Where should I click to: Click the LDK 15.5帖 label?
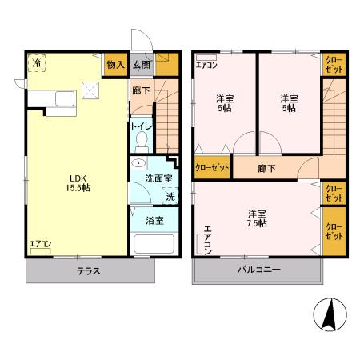[x=78, y=181]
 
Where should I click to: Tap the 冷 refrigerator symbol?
[x=37, y=62]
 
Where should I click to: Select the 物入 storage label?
[x=115, y=64]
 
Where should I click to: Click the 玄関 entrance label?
[x=141, y=64]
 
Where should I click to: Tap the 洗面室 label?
[x=156, y=181]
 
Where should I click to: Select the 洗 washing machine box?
[x=170, y=197]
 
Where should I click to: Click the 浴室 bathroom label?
[x=155, y=219]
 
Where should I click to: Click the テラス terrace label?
[x=88, y=270]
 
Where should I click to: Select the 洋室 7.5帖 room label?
[x=257, y=218]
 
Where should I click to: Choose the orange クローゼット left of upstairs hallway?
[x=212, y=168]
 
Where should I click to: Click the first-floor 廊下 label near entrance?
[x=141, y=92]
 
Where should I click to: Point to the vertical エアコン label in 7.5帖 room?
[x=207, y=240]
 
